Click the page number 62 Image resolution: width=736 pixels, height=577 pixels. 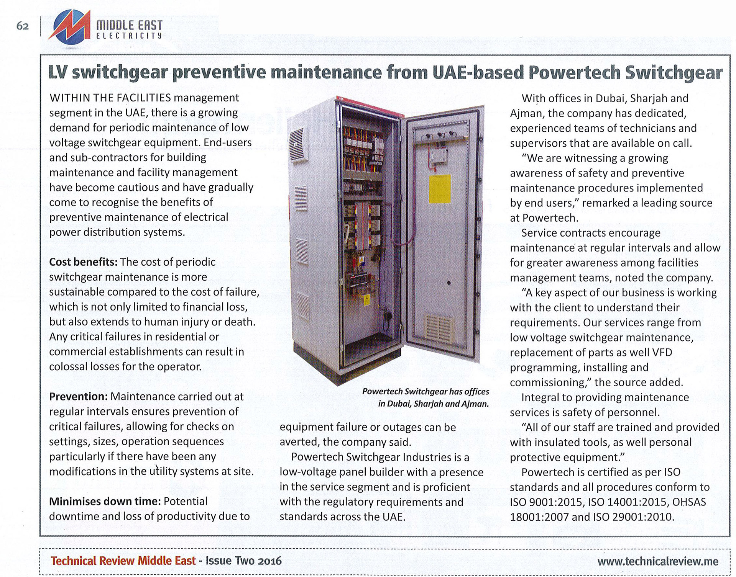(23, 26)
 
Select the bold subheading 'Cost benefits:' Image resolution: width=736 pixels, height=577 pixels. (83, 262)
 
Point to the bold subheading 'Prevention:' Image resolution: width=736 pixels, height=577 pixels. (79, 397)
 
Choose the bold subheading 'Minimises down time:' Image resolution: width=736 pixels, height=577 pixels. (105, 502)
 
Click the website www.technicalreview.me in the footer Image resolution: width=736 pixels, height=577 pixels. (658, 561)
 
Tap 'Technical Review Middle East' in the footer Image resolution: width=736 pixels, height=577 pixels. (123, 561)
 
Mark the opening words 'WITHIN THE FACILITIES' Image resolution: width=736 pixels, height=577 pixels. (110, 98)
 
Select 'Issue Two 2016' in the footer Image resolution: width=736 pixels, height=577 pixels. (243, 561)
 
